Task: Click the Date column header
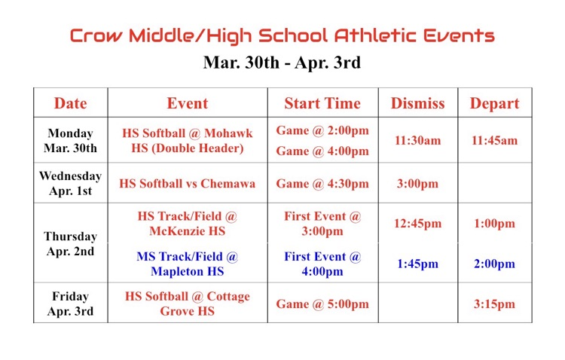[x=70, y=103]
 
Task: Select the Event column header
[x=187, y=103]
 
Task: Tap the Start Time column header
[x=322, y=103]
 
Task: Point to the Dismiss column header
[x=417, y=103]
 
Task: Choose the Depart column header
[x=494, y=103]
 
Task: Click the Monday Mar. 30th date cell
[x=70, y=140]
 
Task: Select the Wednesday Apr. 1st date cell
[x=70, y=183]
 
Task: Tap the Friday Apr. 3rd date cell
[x=70, y=304]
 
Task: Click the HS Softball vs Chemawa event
[x=187, y=183]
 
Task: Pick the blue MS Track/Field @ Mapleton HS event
[x=187, y=264]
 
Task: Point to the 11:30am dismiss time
[x=417, y=140]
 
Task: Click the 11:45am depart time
[x=494, y=140]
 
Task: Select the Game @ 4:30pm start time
[x=322, y=183]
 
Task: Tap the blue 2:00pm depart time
[x=494, y=264]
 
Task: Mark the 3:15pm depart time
[x=494, y=304]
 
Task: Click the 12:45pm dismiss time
[x=417, y=224]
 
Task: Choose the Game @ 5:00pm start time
[x=322, y=304]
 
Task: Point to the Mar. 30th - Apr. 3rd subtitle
[x=282, y=63]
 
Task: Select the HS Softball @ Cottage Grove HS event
[x=187, y=304]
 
